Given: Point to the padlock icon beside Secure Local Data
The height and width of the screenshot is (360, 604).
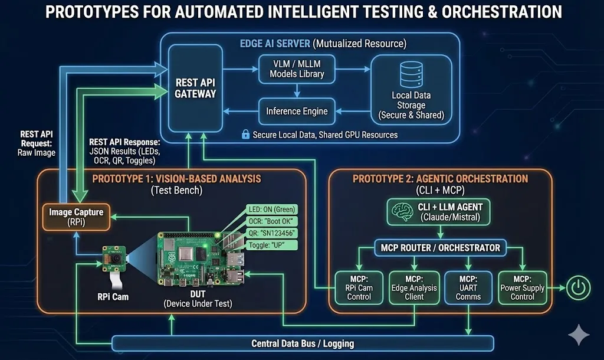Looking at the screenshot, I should click(245, 135).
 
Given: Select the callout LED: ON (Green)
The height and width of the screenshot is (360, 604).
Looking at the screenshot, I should click(271, 210).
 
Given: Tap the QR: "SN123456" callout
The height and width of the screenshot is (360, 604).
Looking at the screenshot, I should click(271, 234).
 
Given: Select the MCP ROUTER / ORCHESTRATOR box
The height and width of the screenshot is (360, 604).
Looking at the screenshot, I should click(441, 248).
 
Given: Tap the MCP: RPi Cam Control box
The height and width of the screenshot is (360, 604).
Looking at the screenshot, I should click(359, 287).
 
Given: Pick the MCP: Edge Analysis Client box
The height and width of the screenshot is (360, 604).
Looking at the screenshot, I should click(414, 287).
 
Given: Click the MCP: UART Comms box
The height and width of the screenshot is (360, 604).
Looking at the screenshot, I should click(468, 287).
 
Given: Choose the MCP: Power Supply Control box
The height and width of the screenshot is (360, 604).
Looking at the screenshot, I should click(522, 287).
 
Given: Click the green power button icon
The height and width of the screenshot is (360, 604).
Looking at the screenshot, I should click(578, 288).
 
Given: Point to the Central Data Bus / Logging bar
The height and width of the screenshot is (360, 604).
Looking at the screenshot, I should click(303, 343).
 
